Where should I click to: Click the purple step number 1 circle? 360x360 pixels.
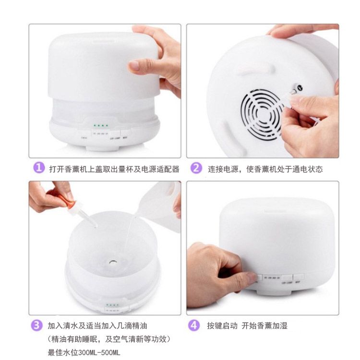click(x=39, y=168)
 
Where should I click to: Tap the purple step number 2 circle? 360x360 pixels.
click(x=196, y=168)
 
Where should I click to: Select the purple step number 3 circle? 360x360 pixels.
click(x=39, y=325)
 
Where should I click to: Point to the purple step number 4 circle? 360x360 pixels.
click(x=194, y=325)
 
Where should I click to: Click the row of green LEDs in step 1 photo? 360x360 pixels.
click(x=101, y=125)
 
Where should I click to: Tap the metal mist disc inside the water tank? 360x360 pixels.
click(x=111, y=263)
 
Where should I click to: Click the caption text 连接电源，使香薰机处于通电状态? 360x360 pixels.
click(x=265, y=169)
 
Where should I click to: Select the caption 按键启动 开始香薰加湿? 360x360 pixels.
click(x=247, y=326)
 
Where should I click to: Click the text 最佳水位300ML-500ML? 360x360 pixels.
click(x=84, y=352)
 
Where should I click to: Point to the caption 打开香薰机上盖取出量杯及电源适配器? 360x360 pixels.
click(x=114, y=169)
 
